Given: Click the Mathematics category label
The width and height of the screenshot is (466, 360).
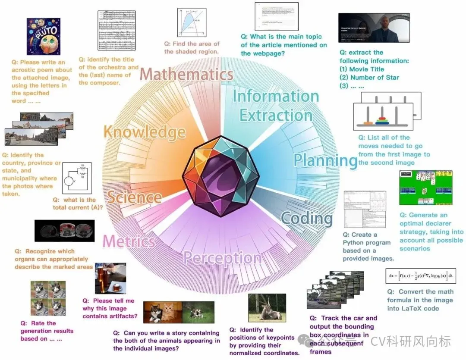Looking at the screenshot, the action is point(186,74).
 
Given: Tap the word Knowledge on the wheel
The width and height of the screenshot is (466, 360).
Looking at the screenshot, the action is point(145,132).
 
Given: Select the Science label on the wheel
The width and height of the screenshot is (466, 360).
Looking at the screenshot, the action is point(134,197).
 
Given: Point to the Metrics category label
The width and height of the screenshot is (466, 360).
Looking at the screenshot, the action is point(129,241).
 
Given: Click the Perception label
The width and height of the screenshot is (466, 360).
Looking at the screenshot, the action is point(222,258).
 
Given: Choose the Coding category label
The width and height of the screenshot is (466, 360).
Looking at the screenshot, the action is point(307,218).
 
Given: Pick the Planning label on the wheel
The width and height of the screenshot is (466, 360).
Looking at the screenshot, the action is point(325,160).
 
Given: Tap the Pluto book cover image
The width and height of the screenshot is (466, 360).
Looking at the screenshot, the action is point(43,37).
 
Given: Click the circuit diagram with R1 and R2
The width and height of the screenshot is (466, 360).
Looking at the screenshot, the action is point(78,179).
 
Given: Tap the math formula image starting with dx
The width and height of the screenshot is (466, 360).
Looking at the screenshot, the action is point(420,276).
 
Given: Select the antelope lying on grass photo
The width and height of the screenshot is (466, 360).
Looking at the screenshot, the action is point(267,308).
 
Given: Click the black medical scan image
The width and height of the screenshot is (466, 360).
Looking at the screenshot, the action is point(64,231).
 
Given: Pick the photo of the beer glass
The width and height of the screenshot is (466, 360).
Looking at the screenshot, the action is point(110,278).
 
